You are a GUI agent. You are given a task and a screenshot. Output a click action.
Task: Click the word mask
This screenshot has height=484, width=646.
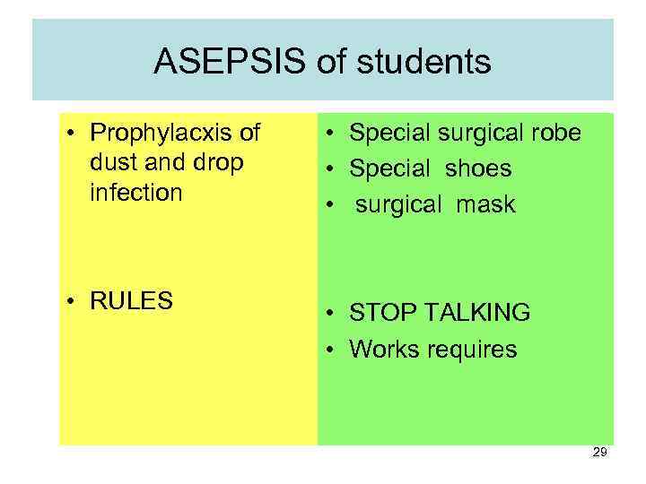(484, 204)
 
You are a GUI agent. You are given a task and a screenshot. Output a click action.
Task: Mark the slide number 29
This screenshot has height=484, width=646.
(600, 453)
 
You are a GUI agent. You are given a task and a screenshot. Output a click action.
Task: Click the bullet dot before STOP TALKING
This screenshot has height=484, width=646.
(332, 313)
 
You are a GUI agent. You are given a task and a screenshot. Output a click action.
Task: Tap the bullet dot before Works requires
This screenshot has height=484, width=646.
(332, 349)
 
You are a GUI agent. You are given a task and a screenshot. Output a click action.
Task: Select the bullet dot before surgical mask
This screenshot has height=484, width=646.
(332, 204)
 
